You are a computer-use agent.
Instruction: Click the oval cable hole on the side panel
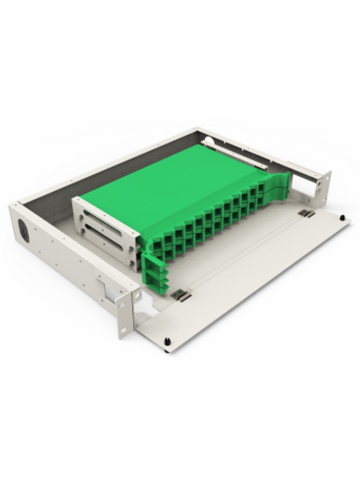pyautogui.click(x=24, y=230)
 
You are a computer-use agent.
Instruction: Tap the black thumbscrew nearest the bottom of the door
pyautogui.click(x=167, y=342)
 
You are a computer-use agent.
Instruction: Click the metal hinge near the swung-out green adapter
pyautogui.click(x=179, y=295)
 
